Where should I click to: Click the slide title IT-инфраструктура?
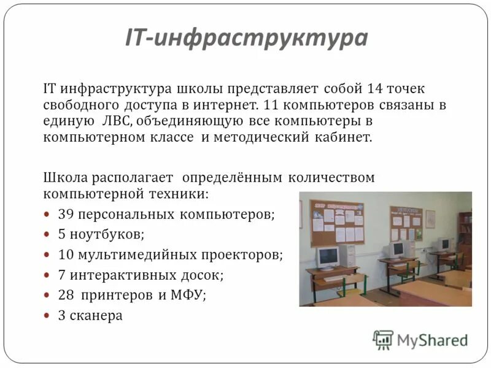pos(246,38)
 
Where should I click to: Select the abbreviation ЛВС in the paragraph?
pos(113,121)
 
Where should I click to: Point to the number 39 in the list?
pos(66,215)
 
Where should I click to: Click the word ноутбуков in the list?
pos(107,234)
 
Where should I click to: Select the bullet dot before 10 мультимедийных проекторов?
pos(48,255)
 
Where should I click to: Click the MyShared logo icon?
pos(383,340)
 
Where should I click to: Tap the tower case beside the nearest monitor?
pos(349,255)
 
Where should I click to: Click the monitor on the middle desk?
pos(396,248)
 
